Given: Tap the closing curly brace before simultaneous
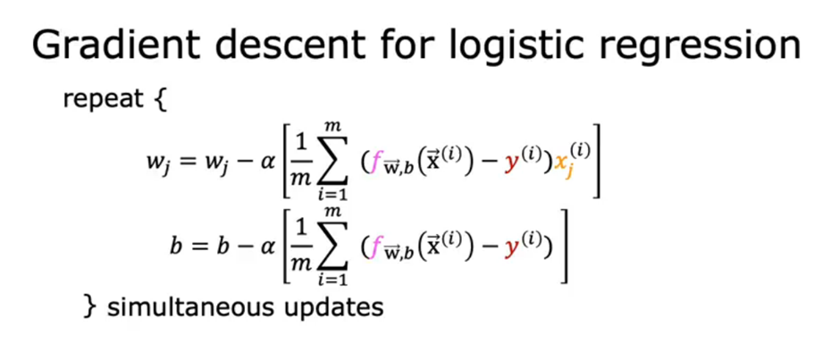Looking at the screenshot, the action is pos(88,307).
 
